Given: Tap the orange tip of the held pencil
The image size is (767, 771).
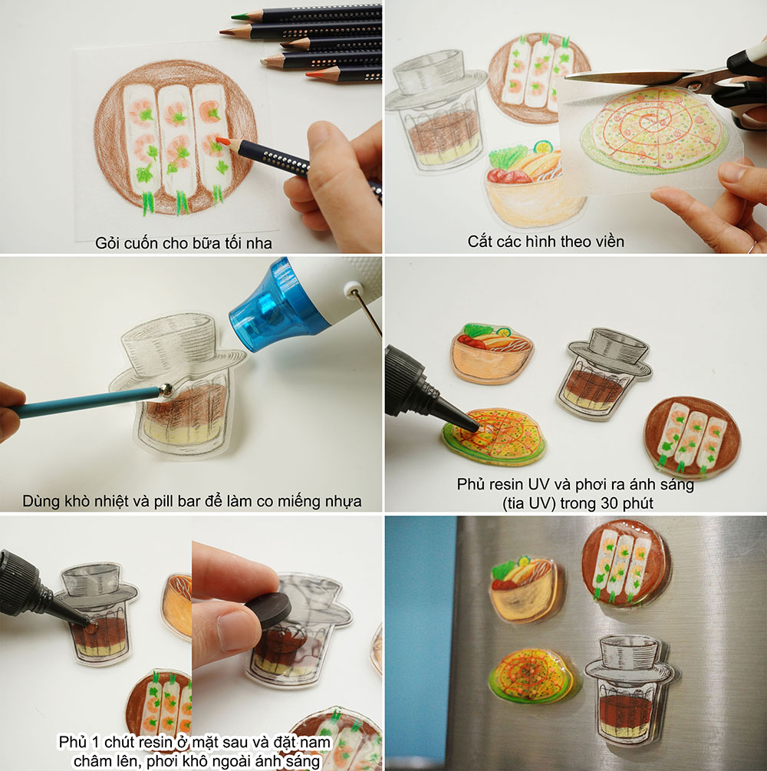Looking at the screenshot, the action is [x=222, y=141].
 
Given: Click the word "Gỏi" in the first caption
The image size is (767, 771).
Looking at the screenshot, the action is [x=106, y=243].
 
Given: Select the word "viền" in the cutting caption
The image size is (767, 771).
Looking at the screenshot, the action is [x=609, y=242].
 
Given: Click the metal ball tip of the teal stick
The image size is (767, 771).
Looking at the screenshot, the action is [x=166, y=390].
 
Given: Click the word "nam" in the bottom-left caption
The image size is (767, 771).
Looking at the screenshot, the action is [x=316, y=742].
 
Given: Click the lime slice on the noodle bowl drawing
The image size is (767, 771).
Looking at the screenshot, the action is [x=544, y=147].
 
